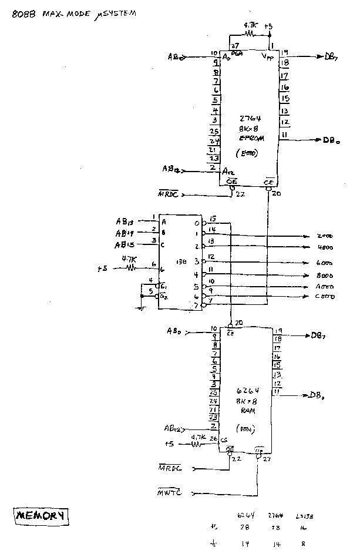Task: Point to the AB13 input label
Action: tap(125, 221)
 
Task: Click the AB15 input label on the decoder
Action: tap(125, 244)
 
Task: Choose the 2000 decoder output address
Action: tap(325, 237)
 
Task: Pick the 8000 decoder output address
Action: tap(325, 275)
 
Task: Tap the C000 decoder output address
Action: tap(325, 297)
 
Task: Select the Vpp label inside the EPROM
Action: tap(270, 56)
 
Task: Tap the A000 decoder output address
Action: tap(325, 286)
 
